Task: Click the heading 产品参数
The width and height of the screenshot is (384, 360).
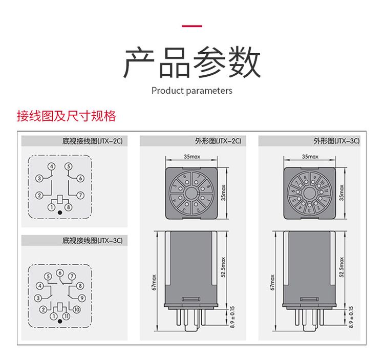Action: [x=192, y=63]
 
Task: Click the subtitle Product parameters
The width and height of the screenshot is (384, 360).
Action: [x=192, y=91]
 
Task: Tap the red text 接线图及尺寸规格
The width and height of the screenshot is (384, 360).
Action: [x=67, y=116]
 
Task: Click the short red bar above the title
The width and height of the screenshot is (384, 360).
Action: [x=192, y=26]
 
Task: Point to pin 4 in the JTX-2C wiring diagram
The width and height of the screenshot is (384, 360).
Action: [x=51, y=167]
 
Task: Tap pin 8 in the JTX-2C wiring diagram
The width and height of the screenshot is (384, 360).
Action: [x=69, y=207]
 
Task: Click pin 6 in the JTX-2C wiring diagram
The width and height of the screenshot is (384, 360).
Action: [x=80, y=178]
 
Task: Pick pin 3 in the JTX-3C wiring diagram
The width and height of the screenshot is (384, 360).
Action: [x=37, y=298]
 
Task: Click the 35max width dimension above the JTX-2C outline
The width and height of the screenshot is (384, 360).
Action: [x=192, y=156]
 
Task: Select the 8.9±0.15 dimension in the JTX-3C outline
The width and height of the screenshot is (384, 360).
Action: [x=351, y=317]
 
